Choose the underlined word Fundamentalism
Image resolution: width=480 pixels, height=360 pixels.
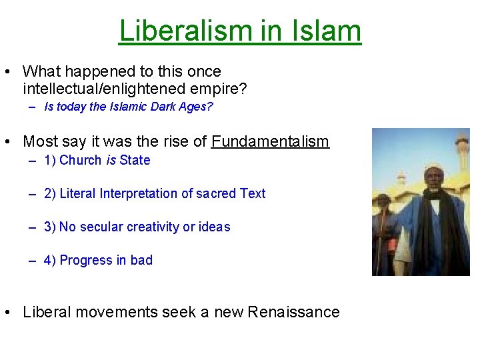[270, 141]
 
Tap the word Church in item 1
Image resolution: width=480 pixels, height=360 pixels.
[81, 160]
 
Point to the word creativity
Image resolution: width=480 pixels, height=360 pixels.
[153, 227]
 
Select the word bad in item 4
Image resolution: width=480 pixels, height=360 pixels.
[141, 260]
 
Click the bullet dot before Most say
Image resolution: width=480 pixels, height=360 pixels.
[10, 141]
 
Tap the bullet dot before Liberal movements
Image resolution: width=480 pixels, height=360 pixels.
[10, 312]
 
